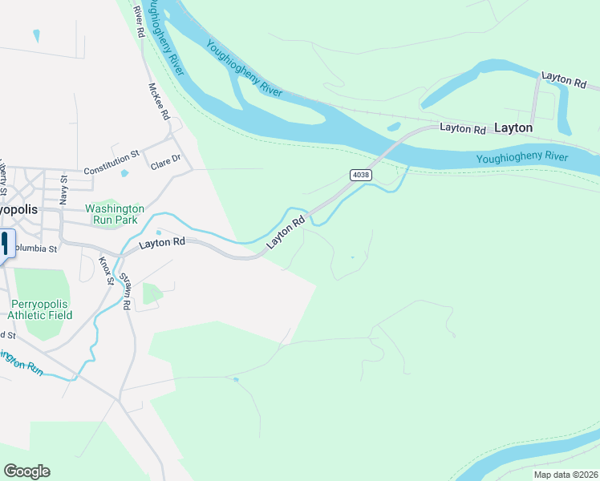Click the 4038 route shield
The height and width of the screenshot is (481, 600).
[359, 174]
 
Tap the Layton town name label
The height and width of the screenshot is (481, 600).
[513, 127]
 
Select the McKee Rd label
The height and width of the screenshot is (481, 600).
[159, 101]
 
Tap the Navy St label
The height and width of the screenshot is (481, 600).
[65, 192]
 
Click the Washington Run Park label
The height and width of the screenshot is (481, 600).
[111, 213]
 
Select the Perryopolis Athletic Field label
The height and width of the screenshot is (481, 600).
[41, 309]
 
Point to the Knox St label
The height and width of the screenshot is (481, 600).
[104, 271]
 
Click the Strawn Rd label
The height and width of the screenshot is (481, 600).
[126, 289]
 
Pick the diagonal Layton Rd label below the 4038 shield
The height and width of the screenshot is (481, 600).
[287, 230]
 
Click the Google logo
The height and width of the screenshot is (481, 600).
[26, 471]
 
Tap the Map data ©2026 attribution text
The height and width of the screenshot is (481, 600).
[565, 475]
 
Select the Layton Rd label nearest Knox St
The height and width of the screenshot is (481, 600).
[161, 243]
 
